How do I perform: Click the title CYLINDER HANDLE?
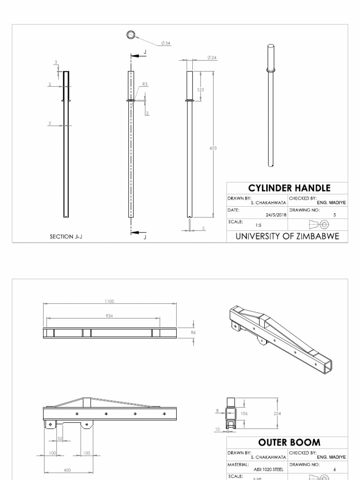pyautogui.click(x=289, y=188)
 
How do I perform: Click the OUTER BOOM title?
pyautogui.click(x=290, y=442)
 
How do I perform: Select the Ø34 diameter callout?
pyautogui.click(x=166, y=43)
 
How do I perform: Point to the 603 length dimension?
pyautogui.click(x=213, y=148)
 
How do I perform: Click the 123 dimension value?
pyautogui.click(x=201, y=89)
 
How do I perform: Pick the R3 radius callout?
pyautogui.click(x=145, y=84)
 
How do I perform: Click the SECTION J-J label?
pyautogui.click(x=67, y=237)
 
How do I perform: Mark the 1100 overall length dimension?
pyautogui.click(x=110, y=301)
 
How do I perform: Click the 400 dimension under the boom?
pyautogui.click(x=67, y=470)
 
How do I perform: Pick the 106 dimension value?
pyautogui.click(x=244, y=413)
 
